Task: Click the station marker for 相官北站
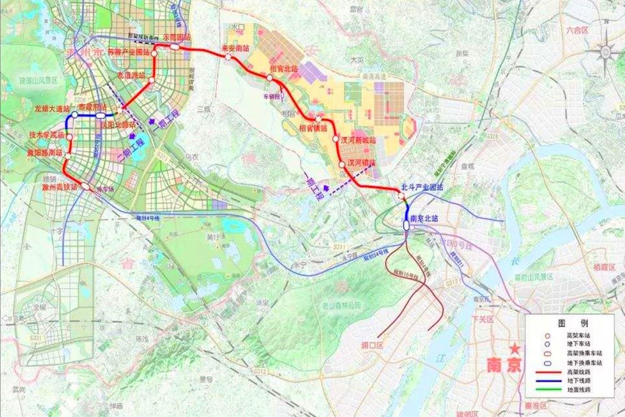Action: (270, 78)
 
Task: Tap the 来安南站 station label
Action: (235, 48)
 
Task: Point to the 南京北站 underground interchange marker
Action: (406, 226)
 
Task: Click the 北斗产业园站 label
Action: (420, 188)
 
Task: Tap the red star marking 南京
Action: (516, 348)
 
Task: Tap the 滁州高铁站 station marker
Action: (85, 186)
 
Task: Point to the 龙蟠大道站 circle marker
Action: (75, 114)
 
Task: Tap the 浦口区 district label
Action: (372, 345)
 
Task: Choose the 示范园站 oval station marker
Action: (174, 47)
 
